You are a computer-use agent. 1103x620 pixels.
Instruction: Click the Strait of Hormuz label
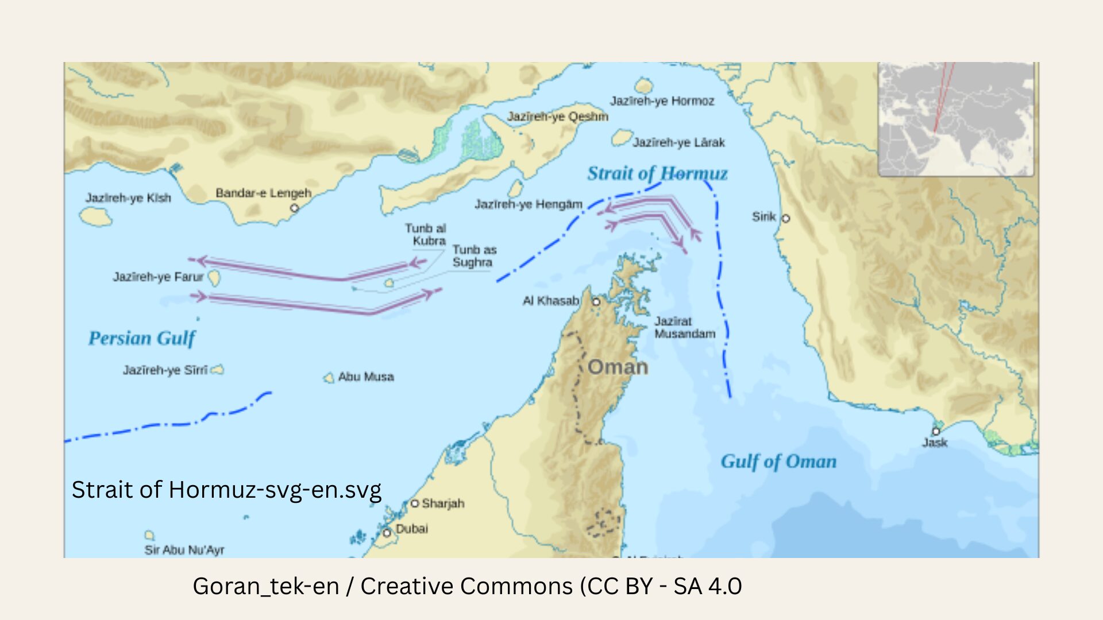(x=657, y=173)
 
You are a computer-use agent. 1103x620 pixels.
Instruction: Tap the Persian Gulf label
(x=141, y=338)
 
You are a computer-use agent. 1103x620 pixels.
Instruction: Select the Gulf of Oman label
(x=778, y=462)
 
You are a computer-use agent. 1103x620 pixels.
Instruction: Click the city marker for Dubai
(x=387, y=533)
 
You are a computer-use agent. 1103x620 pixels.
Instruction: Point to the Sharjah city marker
(x=414, y=503)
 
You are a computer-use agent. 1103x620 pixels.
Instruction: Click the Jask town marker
(x=936, y=431)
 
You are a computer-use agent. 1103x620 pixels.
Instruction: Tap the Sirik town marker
(x=786, y=218)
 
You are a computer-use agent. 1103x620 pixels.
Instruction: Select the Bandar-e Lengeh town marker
(x=294, y=208)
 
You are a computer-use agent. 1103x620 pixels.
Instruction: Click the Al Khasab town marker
(x=596, y=301)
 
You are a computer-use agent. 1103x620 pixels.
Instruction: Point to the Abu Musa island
(x=329, y=378)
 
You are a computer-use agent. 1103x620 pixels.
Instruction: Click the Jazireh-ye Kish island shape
(x=95, y=216)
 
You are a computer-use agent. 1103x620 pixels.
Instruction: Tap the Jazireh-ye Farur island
(x=214, y=278)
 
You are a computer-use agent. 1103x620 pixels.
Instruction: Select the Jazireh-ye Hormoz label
(x=662, y=101)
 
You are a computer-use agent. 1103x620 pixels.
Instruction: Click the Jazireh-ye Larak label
(x=678, y=142)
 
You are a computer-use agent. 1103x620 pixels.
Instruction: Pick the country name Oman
(x=618, y=367)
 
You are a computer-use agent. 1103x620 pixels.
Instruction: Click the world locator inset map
(x=955, y=119)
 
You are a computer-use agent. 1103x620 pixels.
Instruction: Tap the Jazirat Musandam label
(x=684, y=327)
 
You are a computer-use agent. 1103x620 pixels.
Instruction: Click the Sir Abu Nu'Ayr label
(x=184, y=550)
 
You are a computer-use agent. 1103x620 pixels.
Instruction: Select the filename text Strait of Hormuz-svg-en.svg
(x=226, y=490)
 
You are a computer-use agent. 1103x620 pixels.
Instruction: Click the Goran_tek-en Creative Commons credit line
(x=466, y=586)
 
